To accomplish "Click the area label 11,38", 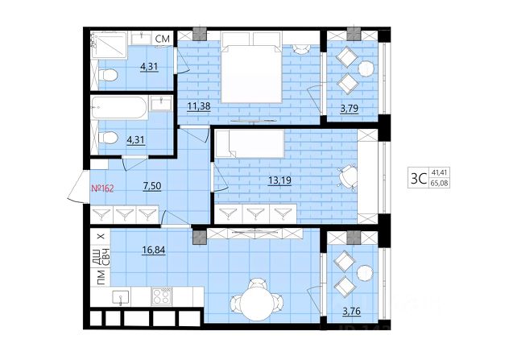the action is coord(199,106).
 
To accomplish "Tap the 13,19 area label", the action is coord(279,180).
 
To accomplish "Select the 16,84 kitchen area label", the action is coord(154,250).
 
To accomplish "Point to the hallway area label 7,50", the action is coord(152,186).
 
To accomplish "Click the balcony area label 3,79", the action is coord(350,109).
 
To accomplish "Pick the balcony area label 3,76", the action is coord(352,312).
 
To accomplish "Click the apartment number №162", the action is coord(102,188).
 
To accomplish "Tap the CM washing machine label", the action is coord(163,39).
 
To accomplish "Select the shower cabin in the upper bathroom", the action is coord(109,45).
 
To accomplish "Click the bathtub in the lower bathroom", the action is coord(119,108).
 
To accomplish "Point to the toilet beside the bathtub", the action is coord(108,138).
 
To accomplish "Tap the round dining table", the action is coord(257,304).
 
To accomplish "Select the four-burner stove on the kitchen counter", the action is coord(162,296).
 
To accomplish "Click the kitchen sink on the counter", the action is coord(121,296).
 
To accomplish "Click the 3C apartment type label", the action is coord(419,178).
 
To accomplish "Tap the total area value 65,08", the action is coord(439,184).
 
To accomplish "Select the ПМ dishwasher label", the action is coord(101,277).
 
